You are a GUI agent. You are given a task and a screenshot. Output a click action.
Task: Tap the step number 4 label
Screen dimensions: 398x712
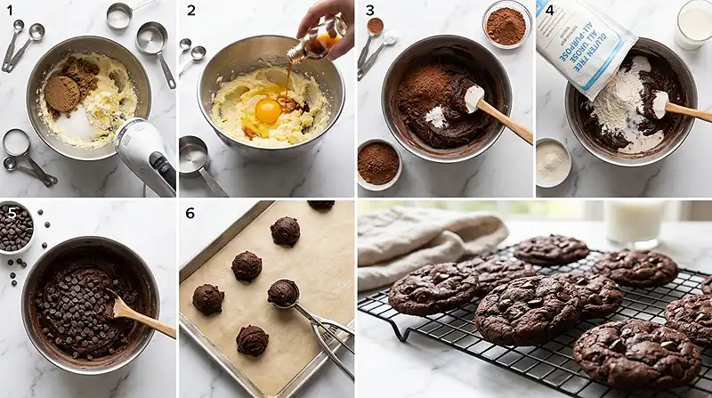pyautogui.click(x=549, y=11)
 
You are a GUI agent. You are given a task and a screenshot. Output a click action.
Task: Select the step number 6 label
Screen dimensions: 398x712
pyautogui.click(x=190, y=214)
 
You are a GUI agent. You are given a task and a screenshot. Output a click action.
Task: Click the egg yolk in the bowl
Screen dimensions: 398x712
pyautogui.click(x=267, y=110)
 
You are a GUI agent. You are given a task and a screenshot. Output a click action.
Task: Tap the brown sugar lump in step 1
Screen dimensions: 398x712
pyautogui.click(x=63, y=93)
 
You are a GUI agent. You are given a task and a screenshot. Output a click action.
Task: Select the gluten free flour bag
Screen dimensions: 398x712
pyautogui.click(x=592, y=40)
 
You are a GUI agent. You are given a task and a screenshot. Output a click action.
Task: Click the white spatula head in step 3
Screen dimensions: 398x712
pyautogui.click(x=473, y=97)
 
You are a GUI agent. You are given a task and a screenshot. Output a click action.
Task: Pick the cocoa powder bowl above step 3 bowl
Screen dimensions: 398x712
pyautogui.click(x=506, y=25)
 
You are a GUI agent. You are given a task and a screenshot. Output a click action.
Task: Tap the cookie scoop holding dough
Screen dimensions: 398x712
pyautogui.click(x=284, y=292)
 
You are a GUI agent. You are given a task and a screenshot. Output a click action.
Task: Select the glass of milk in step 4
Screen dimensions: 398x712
pyautogui.click(x=692, y=24)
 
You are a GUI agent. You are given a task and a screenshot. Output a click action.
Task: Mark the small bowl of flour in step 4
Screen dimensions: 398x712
pyautogui.click(x=553, y=162)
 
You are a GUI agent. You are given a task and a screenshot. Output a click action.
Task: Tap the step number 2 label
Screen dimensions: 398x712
pyautogui.click(x=190, y=11)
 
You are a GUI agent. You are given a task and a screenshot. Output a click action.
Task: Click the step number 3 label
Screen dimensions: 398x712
pyautogui.click(x=369, y=11)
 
